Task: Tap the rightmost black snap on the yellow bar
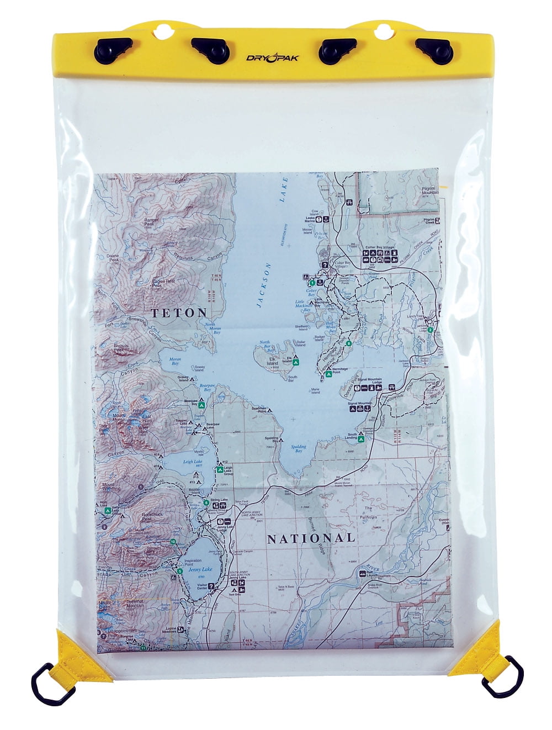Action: point(435,48)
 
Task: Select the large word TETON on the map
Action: point(179,313)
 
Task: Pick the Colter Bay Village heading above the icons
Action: point(381,247)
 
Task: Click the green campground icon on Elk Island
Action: point(296,363)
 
